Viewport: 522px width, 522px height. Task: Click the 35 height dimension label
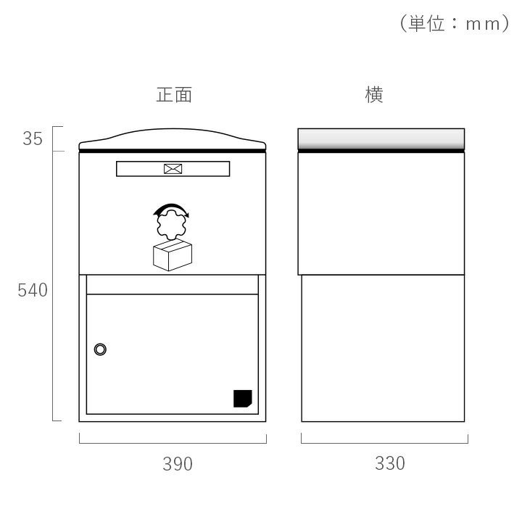coord(33,138)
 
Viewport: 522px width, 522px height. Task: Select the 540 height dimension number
coord(33,290)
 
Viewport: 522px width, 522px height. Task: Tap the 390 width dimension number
coord(178,464)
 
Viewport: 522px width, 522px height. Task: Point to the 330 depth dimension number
coord(390,463)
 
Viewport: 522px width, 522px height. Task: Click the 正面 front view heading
coord(174,95)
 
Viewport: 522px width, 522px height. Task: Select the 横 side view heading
coord(374,95)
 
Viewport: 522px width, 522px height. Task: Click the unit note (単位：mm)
coord(455,23)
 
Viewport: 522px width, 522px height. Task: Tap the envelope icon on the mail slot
coord(173,169)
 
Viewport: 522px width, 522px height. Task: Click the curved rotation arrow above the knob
coord(171,210)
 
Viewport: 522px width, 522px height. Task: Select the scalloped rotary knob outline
coord(171,225)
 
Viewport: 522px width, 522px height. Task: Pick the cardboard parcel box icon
coord(173,255)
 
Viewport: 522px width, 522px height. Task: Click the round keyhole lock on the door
coord(100,349)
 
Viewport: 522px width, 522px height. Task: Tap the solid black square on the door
coord(243,399)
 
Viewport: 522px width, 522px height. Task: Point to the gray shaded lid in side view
coord(381,138)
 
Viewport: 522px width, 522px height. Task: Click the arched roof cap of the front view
coord(173,138)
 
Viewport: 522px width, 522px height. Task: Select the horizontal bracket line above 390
coord(173,443)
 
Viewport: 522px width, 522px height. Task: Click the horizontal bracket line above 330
coord(384,443)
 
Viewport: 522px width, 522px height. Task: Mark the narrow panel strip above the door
coord(173,285)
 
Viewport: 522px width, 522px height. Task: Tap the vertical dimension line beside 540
coord(53,286)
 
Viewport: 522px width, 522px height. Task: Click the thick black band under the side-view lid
coord(381,151)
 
